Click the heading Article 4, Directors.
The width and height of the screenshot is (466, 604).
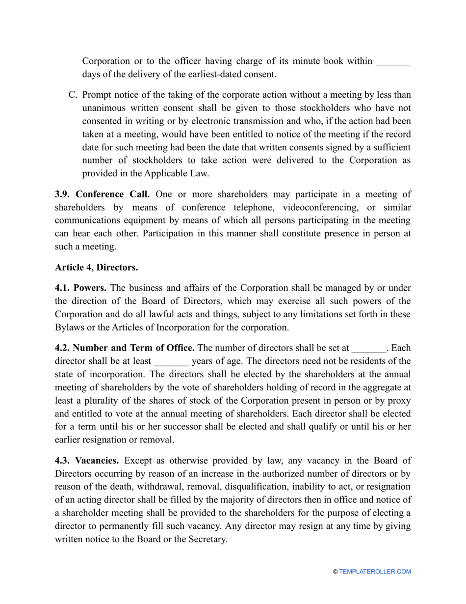[96, 267]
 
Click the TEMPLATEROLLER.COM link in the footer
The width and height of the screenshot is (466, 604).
[375, 572]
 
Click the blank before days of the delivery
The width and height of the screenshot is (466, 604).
[392, 61]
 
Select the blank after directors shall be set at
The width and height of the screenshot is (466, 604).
[369, 348]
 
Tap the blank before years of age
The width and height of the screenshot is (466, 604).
[171, 361]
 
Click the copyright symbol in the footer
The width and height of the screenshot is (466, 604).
[335, 572]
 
